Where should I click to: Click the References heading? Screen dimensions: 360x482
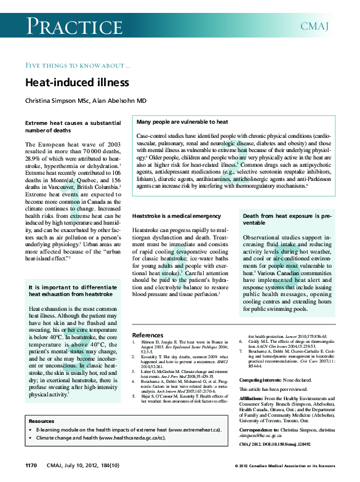point(148,335)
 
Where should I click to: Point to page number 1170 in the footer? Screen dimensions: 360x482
point(32,464)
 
